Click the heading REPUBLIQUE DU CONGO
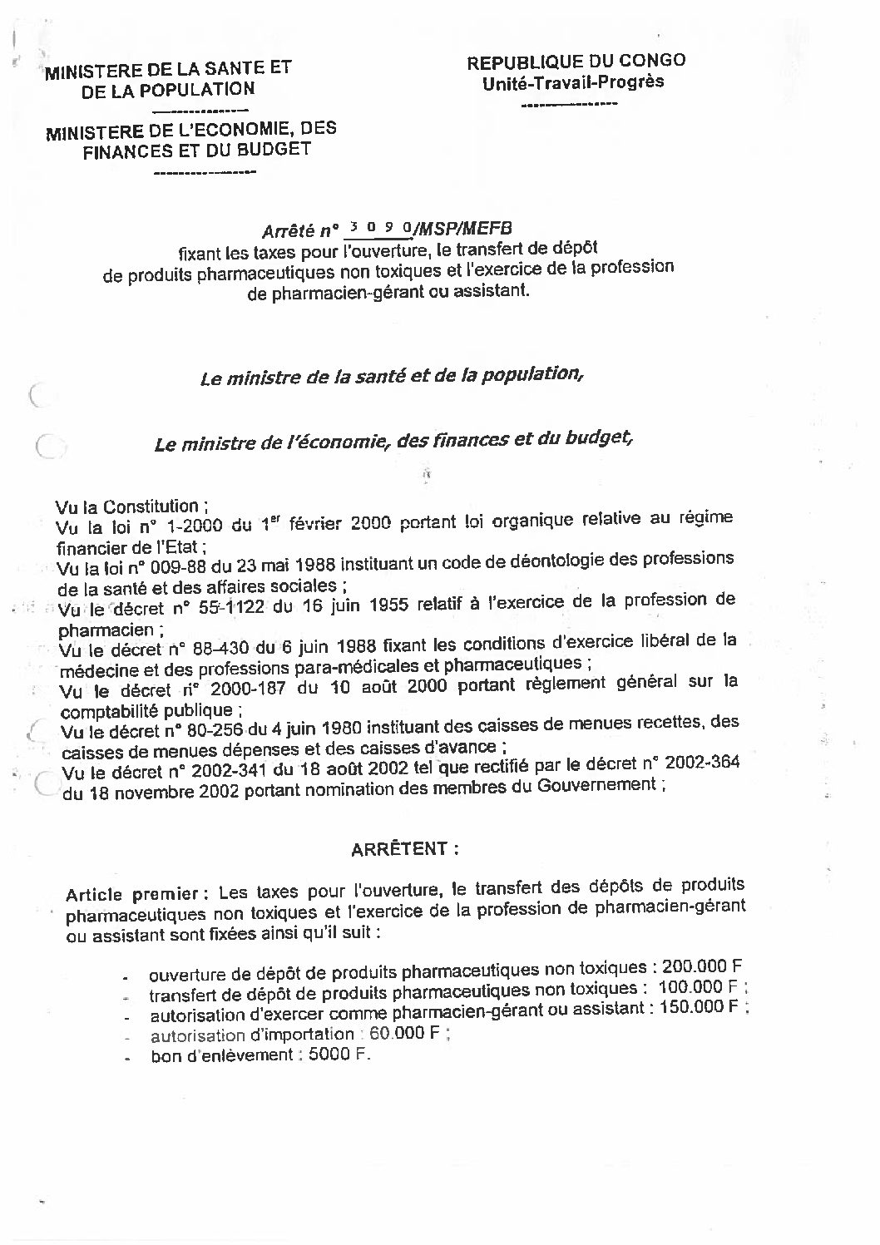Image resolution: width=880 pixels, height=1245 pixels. click(576, 61)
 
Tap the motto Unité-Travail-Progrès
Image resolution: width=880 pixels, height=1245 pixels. click(574, 82)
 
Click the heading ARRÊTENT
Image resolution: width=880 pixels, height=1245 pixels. click(405, 849)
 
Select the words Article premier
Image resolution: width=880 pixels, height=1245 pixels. click(131, 895)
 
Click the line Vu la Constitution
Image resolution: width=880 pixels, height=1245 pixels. click(127, 506)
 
